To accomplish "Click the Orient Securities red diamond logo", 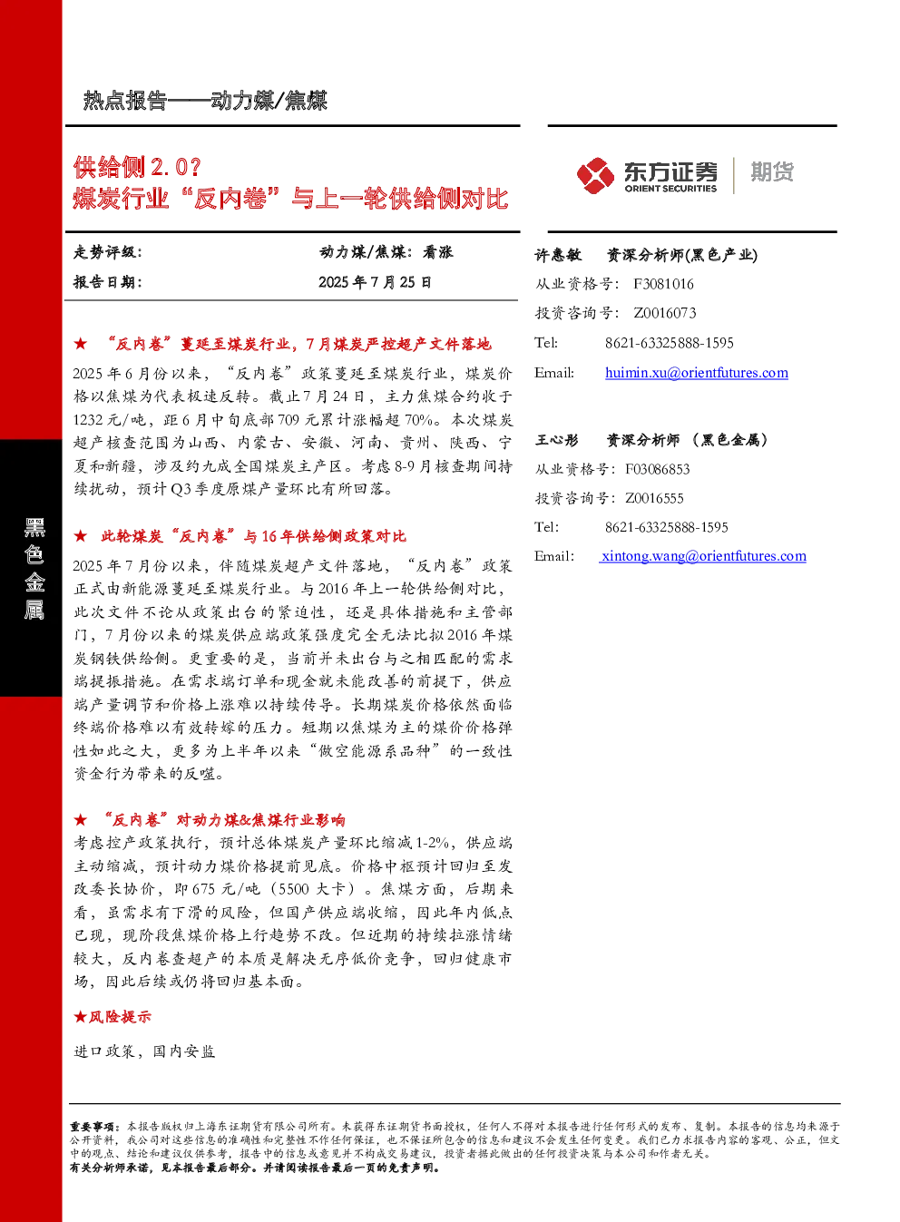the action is (595, 175).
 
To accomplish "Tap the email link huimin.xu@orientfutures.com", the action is (697, 373).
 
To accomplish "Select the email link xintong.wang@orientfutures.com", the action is (703, 556).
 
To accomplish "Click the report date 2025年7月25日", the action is (375, 282).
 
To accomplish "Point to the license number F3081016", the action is (663, 284).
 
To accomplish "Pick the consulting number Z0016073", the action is (664, 313).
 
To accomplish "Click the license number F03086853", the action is (657, 469).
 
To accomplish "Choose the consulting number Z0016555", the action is (654, 498).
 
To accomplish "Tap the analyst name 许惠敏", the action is (557, 255).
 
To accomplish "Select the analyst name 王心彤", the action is (556, 440).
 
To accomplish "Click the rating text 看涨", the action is (437, 252).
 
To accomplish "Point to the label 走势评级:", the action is (107, 252).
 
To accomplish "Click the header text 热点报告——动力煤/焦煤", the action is (205, 101).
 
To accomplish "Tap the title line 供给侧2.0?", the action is (138, 167).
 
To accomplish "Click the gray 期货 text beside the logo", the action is (772, 171).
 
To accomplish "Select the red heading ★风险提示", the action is (112, 1016).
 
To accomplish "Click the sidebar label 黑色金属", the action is (34, 569).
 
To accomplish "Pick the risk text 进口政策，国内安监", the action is (144, 1051).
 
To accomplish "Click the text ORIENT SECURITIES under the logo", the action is (670, 189).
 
